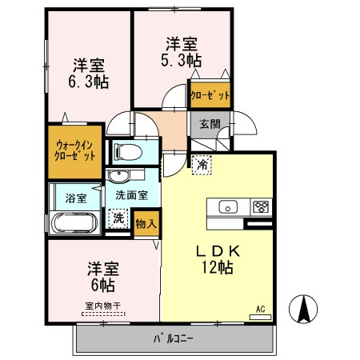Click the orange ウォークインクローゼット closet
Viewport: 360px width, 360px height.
[76, 150]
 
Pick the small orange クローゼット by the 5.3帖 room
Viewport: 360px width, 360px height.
[210, 95]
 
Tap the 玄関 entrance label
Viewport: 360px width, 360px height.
[210, 123]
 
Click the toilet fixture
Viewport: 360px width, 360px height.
[128, 151]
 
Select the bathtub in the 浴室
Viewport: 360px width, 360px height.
[74, 223]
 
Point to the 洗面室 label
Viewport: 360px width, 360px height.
[131, 194]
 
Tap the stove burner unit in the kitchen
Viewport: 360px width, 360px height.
[261, 206]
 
